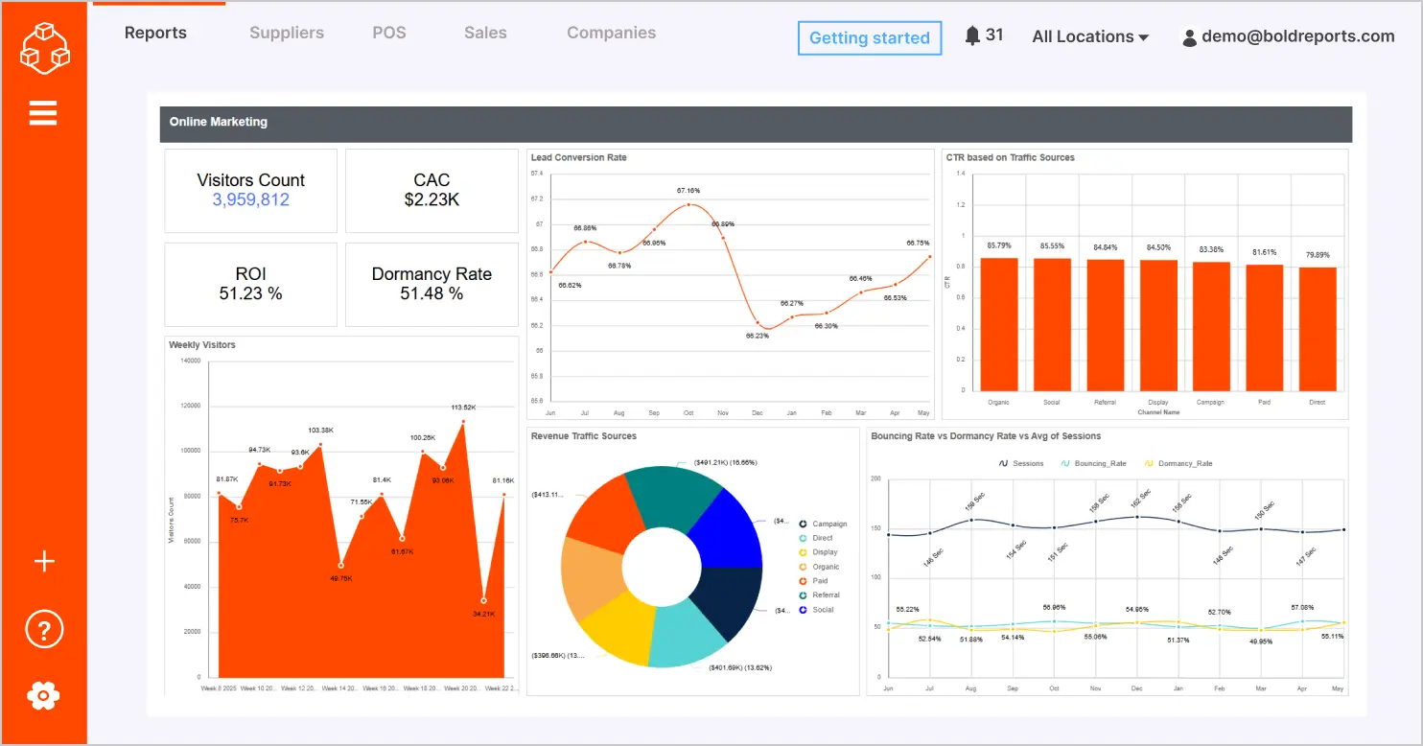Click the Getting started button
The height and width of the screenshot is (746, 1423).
coord(869,38)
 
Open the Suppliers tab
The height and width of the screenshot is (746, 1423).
coord(287,33)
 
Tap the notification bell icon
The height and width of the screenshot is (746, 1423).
coord(972,35)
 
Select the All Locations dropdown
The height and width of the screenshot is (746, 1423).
coord(1090,36)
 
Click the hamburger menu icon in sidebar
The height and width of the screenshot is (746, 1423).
coord(43,113)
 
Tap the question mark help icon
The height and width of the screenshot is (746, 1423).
coord(44,630)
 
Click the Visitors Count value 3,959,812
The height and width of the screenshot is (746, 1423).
coord(250,199)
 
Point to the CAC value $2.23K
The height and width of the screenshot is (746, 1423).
coord(432,199)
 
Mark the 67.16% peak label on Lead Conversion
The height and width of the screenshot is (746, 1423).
coord(688,191)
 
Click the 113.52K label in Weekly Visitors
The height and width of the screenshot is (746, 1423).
coord(463,408)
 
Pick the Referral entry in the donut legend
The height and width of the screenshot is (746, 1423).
coord(825,595)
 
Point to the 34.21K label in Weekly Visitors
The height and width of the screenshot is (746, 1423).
coord(483,613)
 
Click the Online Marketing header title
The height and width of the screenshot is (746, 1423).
coord(219,122)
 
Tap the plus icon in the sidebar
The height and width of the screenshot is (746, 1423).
coord(44,562)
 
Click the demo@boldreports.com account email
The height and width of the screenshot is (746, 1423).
coord(1297,36)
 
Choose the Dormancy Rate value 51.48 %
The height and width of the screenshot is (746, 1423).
coord(432,293)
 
